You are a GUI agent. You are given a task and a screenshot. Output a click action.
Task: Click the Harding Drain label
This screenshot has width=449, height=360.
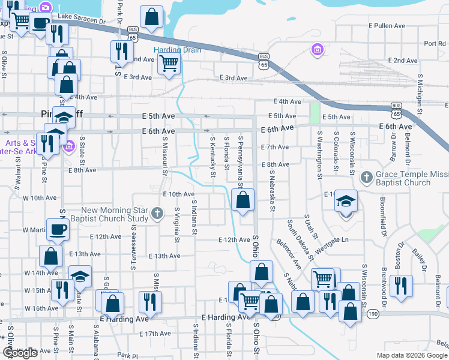pyautogui.click(x=177, y=50)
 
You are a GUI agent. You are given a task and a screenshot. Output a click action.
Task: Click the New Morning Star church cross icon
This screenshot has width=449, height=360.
pyautogui.click(x=157, y=213)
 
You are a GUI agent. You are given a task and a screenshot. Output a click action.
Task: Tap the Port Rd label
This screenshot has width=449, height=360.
pyautogui.click(x=434, y=43)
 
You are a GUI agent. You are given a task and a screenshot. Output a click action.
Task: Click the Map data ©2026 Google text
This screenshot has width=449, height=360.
pyautogui.click(x=411, y=355)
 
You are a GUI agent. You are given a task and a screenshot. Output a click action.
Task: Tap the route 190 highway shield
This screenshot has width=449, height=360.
pyautogui.click(x=373, y=314)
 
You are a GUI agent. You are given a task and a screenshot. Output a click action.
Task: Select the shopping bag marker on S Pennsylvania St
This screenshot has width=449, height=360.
pyautogui.click(x=243, y=201)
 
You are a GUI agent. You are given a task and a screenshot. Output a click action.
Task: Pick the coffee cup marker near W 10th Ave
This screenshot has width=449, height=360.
pyautogui.click(x=58, y=229)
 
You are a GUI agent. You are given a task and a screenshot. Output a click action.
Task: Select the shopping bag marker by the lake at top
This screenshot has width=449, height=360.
pyautogui.click(x=152, y=17)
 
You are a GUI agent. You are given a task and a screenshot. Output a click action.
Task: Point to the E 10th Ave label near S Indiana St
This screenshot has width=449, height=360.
pyautogui.click(x=178, y=194)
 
